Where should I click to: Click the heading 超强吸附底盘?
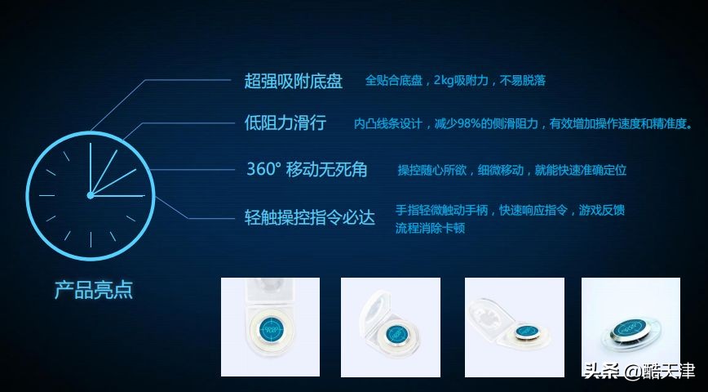coord(294,81)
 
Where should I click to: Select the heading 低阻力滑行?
coord(285,123)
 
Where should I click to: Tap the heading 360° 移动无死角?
coord(307,170)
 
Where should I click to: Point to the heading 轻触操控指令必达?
coord(310,218)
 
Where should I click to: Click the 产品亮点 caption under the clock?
coord(93,290)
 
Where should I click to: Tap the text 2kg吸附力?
coord(462,81)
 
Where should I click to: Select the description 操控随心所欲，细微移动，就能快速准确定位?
coord(512,170)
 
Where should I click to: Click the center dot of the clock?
coord(90,195)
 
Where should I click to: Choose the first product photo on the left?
coord(270,327)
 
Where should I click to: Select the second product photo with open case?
coord(390,327)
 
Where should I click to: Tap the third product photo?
coord(514,327)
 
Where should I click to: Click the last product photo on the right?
coord(631,327)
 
